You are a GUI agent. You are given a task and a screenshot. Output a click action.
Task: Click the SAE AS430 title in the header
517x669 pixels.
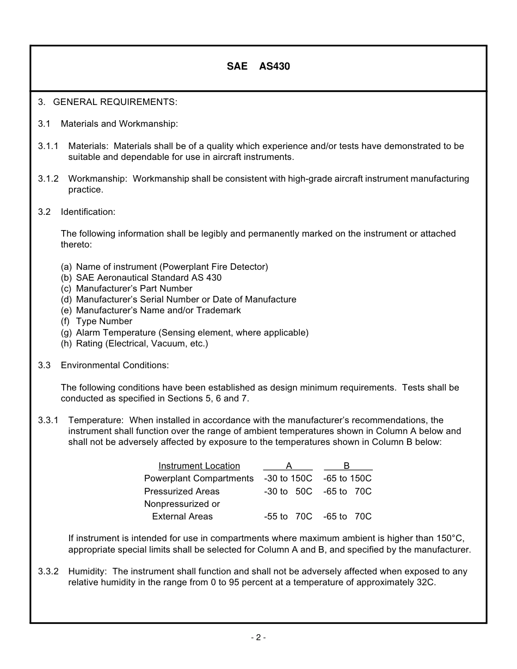coord(258,67)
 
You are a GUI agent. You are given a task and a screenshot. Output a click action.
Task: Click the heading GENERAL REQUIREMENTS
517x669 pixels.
coord(115,102)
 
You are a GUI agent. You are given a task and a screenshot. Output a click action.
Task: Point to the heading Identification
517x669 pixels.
coord(88,212)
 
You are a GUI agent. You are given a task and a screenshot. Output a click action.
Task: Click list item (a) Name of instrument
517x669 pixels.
coord(164,267)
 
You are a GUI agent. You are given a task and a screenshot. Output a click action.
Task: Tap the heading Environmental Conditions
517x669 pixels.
coord(114,366)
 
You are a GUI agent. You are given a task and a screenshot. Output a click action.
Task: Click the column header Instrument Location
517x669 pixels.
coord(199,466)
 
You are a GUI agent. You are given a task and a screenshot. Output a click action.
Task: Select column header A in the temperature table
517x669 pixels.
coord(288,466)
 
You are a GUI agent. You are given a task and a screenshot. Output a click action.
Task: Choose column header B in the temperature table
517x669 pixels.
coord(347,466)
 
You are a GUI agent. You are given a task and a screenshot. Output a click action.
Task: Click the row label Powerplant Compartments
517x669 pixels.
coord(199,479)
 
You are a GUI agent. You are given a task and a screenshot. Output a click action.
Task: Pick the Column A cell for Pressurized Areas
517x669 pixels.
coord(288,492)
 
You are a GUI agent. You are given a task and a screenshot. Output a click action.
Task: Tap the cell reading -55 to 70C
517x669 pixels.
coord(288,517)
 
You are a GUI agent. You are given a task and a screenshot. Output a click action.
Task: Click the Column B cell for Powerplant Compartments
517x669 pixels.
coord(347,479)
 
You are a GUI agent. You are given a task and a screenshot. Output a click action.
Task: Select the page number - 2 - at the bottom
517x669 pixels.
coord(258,638)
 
